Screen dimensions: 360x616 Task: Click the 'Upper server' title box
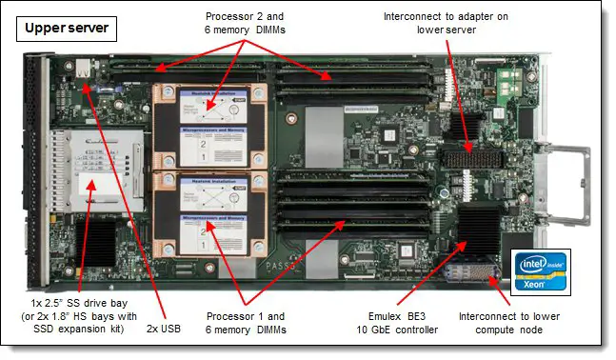coord(66,29)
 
